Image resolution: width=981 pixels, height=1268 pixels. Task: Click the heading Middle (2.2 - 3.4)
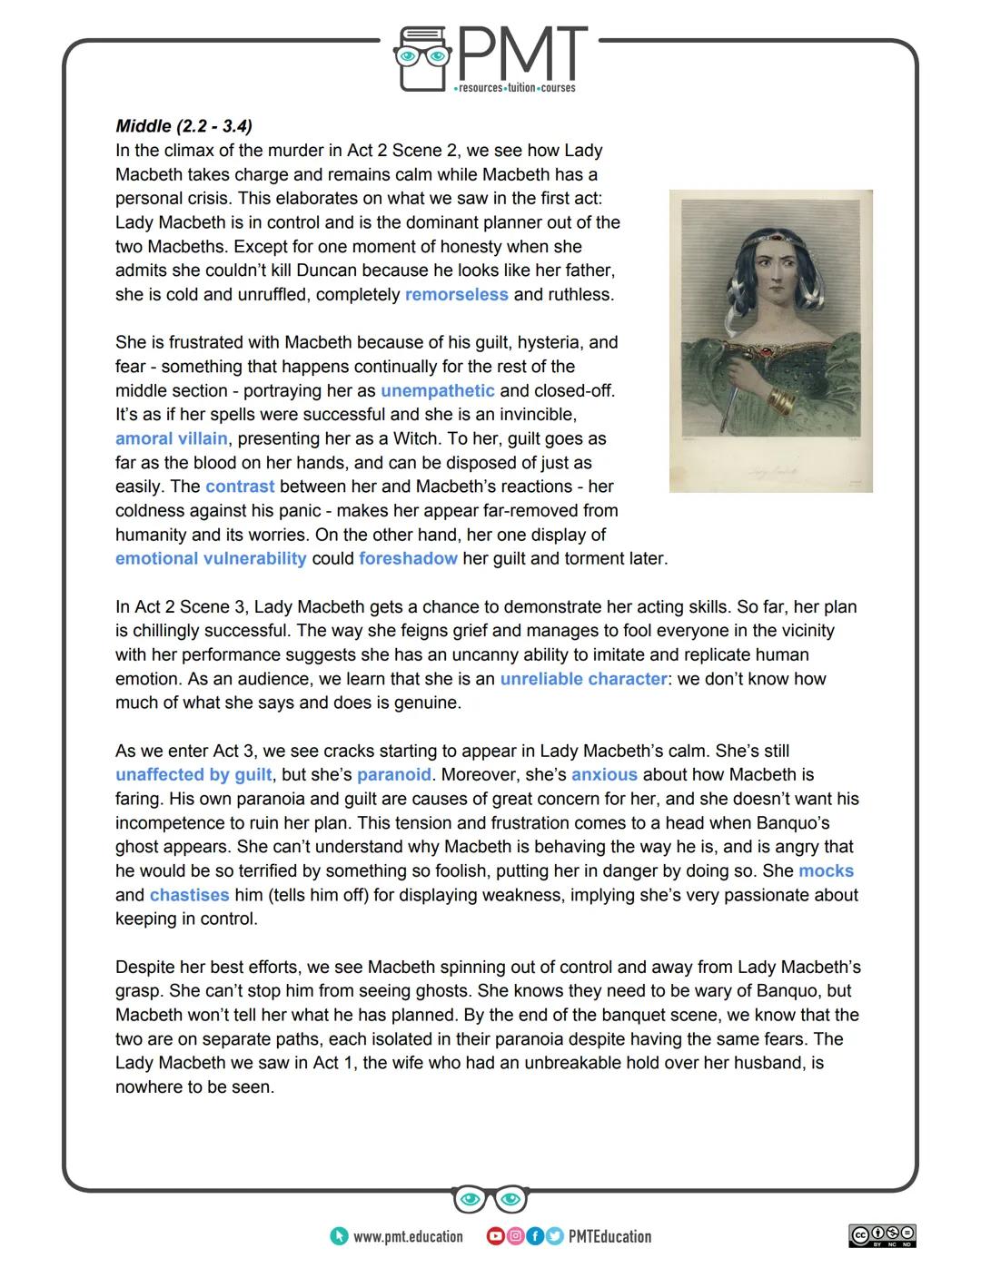click(183, 126)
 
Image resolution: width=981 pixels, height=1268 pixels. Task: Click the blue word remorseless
click(456, 295)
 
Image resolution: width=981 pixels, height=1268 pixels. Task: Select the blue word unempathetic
click(437, 391)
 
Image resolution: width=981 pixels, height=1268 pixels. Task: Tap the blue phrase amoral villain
click(172, 439)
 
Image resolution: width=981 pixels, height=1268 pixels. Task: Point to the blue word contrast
click(240, 487)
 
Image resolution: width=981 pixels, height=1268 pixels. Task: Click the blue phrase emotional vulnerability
click(211, 559)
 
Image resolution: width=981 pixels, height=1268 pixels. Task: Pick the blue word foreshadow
click(408, 559)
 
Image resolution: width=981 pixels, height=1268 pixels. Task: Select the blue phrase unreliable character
click(583, 679)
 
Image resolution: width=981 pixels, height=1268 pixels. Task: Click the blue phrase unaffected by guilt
click(193, 775)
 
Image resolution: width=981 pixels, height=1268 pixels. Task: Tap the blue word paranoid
click(393, 775)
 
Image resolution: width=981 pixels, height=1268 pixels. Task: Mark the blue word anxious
click(604, 775)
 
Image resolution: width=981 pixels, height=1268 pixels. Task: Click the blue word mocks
click(826, 871)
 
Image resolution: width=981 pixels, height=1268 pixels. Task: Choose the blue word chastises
click(189, 895)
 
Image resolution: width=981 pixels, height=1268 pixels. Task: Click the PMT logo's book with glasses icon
click(423, 59)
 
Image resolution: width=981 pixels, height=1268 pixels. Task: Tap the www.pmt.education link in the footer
click(407, 1236)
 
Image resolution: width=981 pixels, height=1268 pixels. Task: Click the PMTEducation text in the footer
click(609, 1236)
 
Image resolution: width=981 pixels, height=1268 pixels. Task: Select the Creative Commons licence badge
click(882, 1235)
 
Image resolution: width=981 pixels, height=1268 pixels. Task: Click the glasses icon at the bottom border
click(490, 1199)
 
